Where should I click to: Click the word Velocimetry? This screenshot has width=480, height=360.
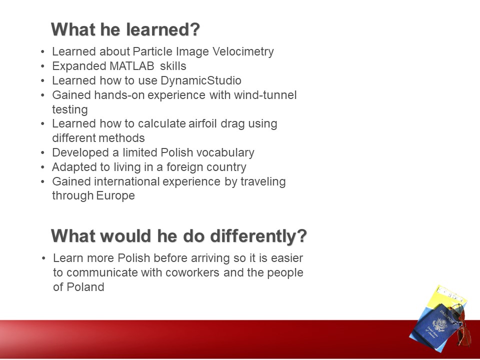coord(243,51)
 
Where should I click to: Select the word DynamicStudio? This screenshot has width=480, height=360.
coord(201,81)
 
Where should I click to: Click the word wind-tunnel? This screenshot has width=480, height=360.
coord(265,95)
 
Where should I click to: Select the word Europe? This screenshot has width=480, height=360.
coord(115,195)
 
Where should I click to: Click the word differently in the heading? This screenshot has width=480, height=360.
coord(258,236)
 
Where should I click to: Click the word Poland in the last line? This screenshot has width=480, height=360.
coord(85,287)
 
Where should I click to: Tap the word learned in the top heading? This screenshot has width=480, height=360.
coord(163,29)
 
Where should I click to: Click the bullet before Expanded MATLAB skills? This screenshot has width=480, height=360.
coord(42,66)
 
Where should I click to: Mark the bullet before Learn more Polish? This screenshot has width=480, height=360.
coord(43,258)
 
